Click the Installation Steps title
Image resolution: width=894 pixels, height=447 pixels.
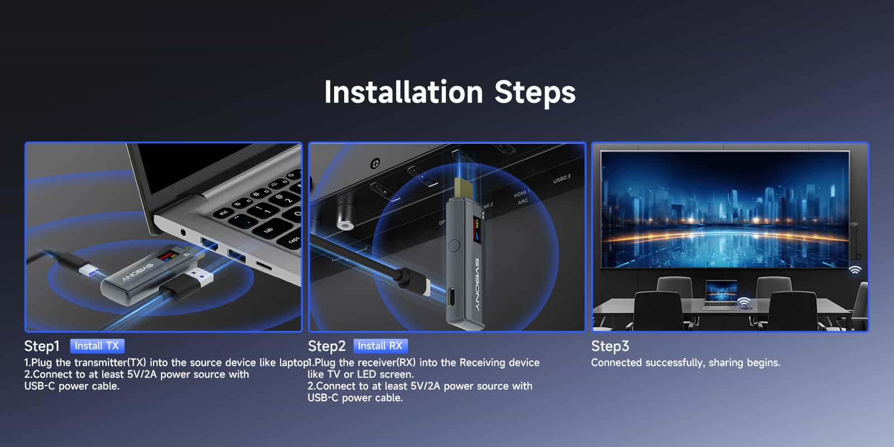450,92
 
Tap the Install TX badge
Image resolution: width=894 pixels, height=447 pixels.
97,346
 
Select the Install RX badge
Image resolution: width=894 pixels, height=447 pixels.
381,346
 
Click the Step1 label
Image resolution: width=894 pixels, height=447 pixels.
42,346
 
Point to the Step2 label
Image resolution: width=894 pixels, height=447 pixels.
326,346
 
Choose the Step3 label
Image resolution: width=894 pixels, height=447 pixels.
610,346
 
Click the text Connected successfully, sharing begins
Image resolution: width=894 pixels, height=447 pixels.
686,363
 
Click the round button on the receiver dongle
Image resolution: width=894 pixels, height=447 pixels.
454,245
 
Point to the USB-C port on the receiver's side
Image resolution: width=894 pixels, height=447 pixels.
451,297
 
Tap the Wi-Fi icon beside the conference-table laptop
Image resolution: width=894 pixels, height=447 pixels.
744,302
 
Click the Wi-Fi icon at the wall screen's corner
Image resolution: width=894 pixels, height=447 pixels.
855,270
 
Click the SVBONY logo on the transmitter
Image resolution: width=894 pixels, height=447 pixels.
137,273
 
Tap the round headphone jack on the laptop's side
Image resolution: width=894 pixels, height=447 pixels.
183,232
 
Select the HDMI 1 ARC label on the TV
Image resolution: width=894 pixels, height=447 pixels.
522,198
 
